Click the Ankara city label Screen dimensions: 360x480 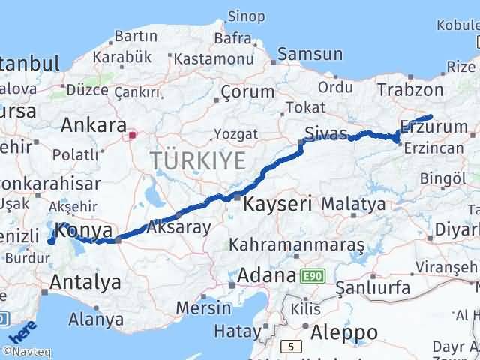pos(93,124)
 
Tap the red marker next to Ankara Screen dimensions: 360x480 pos(133,136)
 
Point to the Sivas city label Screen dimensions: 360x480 pos(326,135)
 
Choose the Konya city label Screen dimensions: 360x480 pos(84,230)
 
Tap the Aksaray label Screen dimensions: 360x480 pos(179,226)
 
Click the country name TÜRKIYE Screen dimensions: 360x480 pos(197,161)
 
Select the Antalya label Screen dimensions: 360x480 pos(85,283)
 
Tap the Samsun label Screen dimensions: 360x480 pos(310,54)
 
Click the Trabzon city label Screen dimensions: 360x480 pos(410,90)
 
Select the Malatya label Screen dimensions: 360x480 pos(352,203)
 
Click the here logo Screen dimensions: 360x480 pos(24,330)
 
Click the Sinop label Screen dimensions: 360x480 pos(245,16)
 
